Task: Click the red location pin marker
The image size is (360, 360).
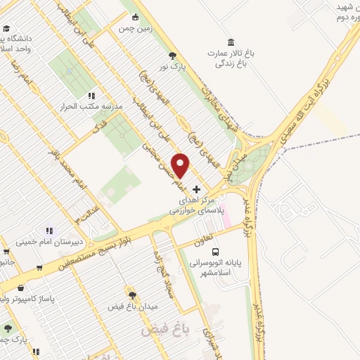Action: coord(181,165)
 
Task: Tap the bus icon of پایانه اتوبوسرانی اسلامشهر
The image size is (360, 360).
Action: coord(215,251)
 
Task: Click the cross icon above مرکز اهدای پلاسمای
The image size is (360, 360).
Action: coord(196,189)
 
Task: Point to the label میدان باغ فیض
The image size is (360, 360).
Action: coord(134,307)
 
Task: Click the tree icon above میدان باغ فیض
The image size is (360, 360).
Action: coord(131,295)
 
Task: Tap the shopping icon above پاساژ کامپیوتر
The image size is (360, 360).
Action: coord(21,288)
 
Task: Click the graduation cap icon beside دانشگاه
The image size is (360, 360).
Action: coord(6,29)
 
